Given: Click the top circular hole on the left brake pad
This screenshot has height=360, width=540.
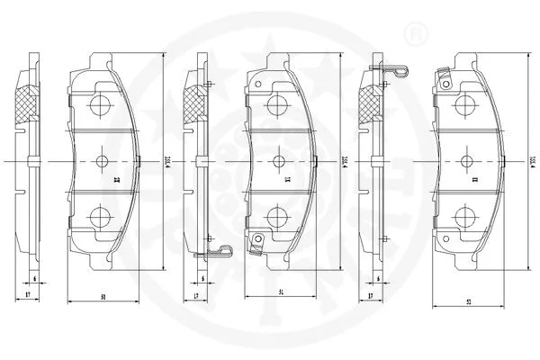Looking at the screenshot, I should (101, 104).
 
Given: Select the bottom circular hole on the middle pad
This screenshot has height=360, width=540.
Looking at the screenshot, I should (276, 217).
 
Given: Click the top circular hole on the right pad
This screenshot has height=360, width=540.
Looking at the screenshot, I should (465, 104).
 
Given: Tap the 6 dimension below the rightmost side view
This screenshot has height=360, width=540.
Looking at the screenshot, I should (379, 280).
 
